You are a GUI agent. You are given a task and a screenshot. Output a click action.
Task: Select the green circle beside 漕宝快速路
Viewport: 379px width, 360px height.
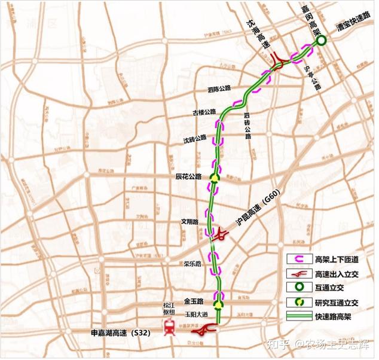[x=321, y=41]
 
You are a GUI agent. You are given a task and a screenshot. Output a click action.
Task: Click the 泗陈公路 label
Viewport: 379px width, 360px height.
[x=219, y=89]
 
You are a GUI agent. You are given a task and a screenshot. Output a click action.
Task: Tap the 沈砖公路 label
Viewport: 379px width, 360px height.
[x=195, y=139]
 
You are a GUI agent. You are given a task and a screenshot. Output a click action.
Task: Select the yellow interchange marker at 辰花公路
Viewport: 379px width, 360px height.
[x=215, y=178]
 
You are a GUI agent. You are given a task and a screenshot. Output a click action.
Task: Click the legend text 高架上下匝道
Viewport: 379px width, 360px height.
[x=343, y=259]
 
